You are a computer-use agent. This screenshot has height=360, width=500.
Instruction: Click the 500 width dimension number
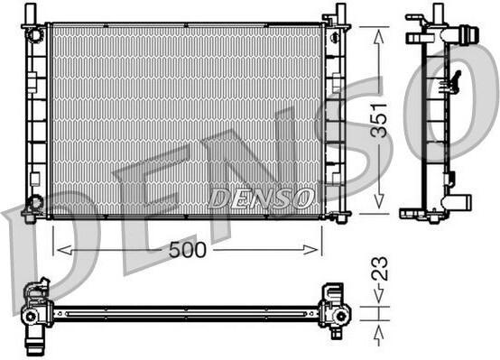[x=188, y=250]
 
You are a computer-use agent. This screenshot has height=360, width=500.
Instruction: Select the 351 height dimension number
[x=378, y=120]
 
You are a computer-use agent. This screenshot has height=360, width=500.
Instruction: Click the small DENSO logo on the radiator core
[x=261, y=198]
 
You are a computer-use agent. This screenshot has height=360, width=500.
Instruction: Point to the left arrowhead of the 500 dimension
[x=64, y=250]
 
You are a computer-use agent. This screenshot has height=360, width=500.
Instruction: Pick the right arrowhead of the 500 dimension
[x=310, y=250]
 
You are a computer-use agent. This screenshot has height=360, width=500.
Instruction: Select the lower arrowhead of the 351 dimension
[x=378, y=201]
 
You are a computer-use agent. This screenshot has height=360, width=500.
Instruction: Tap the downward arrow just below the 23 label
[x=378, y=293]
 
